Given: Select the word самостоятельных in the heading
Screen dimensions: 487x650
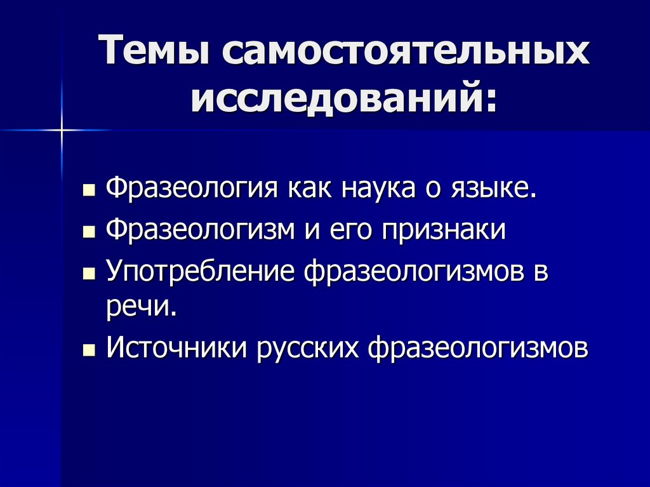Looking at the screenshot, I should point(405,52).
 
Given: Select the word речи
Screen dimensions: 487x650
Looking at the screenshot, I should point(139,309).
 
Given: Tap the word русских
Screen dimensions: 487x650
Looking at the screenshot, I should point(310,349).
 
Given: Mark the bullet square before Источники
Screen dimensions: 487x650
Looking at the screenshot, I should point(89,350).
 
